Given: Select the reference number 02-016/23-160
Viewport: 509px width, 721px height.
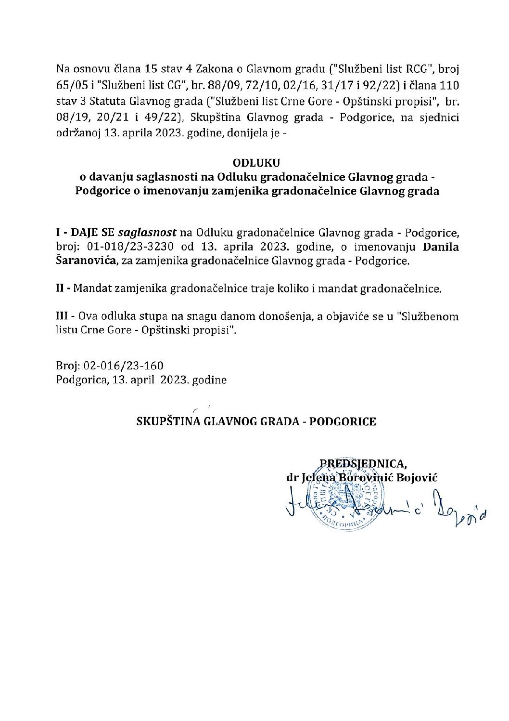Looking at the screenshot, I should (124, 366).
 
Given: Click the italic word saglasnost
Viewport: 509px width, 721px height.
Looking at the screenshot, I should (147, 234).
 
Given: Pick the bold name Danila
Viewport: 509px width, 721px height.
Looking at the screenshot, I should (441, 248).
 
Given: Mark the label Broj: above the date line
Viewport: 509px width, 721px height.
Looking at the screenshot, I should (68, 366).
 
